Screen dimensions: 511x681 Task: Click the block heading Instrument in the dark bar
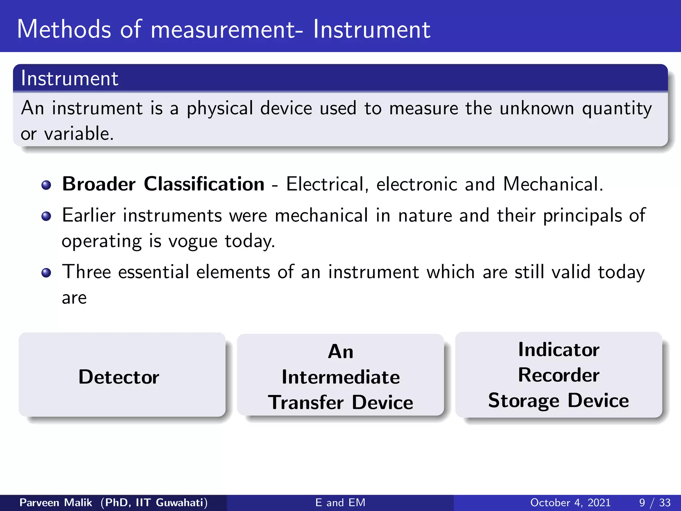(69, 79)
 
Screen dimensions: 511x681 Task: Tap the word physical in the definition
(219, 109)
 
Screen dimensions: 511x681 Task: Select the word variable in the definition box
(79, 134)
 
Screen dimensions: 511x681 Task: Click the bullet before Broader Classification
(46, 185)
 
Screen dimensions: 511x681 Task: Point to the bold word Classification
(204, 184)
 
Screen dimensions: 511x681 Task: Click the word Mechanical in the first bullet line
(552, 184)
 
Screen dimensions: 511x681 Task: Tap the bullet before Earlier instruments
(46, 217)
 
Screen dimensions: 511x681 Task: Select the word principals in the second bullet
(582, 216)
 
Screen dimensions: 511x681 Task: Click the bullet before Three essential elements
(46, 273)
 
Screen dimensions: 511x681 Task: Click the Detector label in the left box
(119, 377)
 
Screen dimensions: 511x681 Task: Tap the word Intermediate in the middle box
(340, 377)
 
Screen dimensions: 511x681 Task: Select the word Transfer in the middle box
(306, 403)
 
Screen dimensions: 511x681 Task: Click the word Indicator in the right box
(559, 350)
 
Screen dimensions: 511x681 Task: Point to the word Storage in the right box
(523, 401)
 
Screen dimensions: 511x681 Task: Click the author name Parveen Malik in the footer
(56, 502)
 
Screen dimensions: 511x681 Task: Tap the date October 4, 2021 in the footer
(570, 502)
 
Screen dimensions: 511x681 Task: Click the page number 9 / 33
(654, 502)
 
